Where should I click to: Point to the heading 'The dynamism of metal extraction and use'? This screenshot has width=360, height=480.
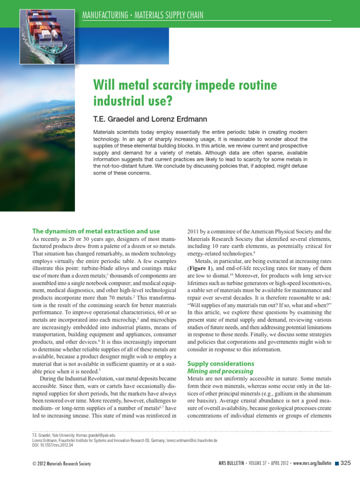point(96,231)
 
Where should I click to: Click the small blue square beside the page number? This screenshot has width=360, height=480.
point(336,464)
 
